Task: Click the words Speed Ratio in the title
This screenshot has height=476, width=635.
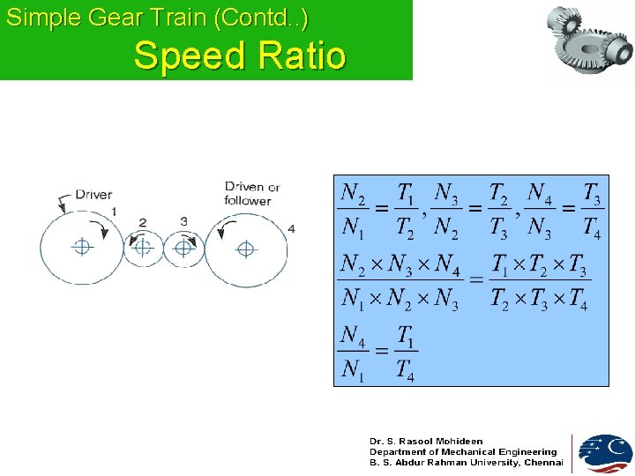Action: point(240,56)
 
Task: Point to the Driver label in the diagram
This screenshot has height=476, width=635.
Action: point(93,194)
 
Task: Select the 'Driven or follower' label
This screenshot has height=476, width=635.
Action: point(251,193)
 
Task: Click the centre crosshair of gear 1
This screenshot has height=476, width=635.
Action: point(82,247)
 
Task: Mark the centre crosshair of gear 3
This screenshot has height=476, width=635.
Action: point(183,249)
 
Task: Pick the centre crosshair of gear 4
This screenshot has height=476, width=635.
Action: point(244,248)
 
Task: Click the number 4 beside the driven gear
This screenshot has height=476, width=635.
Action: point(291,229)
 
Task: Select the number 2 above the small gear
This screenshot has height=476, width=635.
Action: point(142,222)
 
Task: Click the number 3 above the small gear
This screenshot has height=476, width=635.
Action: point(183,220)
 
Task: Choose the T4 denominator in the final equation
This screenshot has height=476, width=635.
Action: point(404,371)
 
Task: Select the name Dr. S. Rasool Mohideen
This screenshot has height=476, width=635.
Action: point(426,441)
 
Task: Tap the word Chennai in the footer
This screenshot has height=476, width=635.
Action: point(543,462)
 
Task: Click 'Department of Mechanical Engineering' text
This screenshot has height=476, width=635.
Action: point(463,451)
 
